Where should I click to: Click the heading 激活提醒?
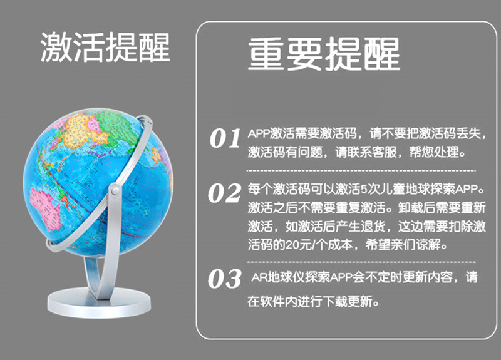click(x=105, y=48)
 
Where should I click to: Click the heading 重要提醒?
click(x=323, y=54)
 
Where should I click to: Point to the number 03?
click(x=225, y=279)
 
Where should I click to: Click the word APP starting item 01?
click(x=259, y=134)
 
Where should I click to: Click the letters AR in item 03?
click(x=258, y=277)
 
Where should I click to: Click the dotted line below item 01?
click(x=360, y=170)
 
